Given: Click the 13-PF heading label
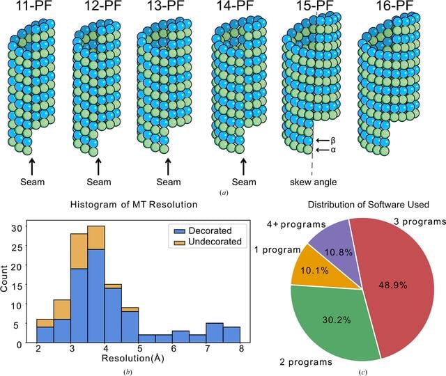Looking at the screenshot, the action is point(166,6).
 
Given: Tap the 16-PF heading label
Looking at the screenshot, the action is point(395,6).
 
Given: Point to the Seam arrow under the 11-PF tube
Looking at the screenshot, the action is point(32,166).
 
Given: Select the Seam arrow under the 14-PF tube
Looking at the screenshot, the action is point(243,166).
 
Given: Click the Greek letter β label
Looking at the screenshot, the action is point(333,141).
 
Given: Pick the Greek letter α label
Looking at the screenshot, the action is point(333,150).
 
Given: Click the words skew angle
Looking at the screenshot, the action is point(313,182).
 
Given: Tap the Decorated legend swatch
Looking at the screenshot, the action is point(180,231).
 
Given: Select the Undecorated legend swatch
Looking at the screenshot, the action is point(180,242).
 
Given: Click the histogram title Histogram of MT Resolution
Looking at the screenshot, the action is point(134,205).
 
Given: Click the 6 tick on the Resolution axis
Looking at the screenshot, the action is point(174,348).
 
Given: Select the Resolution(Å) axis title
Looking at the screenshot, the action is point(133,359).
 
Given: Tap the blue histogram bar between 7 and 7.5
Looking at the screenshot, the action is point(215,333).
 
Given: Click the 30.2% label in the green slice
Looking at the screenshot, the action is point(337,320).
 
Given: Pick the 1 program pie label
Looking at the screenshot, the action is point(277,250).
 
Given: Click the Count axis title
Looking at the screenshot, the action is point(4,279).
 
